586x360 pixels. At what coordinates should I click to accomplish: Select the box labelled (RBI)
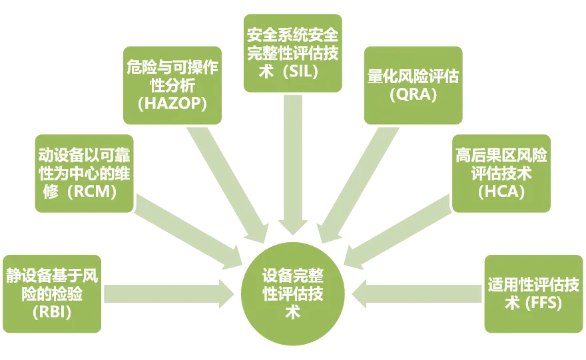(53, 293)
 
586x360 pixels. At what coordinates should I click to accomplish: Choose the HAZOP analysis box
(173, 85)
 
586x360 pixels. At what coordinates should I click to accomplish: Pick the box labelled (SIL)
(293, 51)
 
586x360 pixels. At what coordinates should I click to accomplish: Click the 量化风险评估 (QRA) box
(413, 85)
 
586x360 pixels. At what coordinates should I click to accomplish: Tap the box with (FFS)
(533, 293)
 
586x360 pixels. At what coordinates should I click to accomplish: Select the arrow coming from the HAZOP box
(226, 180)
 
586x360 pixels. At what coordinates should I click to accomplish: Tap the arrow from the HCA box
(400, 226)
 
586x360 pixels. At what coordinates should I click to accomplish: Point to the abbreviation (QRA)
(413, 94)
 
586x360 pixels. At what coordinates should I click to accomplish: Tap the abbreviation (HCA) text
(501, 192)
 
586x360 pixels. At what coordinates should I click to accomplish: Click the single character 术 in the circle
(293, 311)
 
